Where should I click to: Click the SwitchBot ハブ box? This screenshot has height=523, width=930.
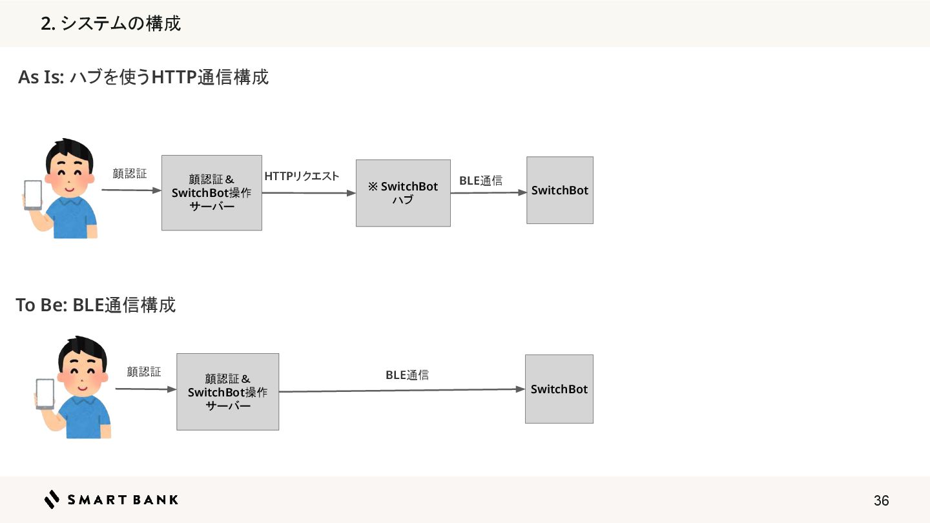(x=403, y=193)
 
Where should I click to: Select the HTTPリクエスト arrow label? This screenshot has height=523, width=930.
(x=302, y=176)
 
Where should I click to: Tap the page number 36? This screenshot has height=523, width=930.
(x=881, y=500)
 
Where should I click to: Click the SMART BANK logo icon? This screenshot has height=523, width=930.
(x=52, y=499)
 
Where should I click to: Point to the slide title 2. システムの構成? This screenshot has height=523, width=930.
(x=110, y=24)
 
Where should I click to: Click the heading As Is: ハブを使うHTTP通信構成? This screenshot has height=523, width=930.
(x=143, y=77)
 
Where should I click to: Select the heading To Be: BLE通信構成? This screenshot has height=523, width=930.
(x=96, y=305)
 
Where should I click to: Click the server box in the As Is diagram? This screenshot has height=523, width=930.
(x=212, y=192)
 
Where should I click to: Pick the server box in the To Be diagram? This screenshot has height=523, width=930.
(x=227, y=391)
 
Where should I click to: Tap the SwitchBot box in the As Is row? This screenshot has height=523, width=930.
(x=559, y=190)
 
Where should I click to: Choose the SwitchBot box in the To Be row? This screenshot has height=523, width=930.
(x=559, y=389)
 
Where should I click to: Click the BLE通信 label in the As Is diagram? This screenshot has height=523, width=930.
(x=480, y=181)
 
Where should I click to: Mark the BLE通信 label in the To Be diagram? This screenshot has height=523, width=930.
(x=407, y=374)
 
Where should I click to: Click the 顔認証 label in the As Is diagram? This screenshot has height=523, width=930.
(x=129, y=174)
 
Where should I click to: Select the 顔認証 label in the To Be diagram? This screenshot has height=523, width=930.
(x=143, y=371)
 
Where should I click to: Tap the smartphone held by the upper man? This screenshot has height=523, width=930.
(x=33, y=194)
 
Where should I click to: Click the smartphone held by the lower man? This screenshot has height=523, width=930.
(x=45, y=393)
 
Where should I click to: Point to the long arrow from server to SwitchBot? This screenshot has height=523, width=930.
(x=400, y=390)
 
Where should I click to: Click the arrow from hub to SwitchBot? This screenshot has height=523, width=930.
(x=488, y=192)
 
